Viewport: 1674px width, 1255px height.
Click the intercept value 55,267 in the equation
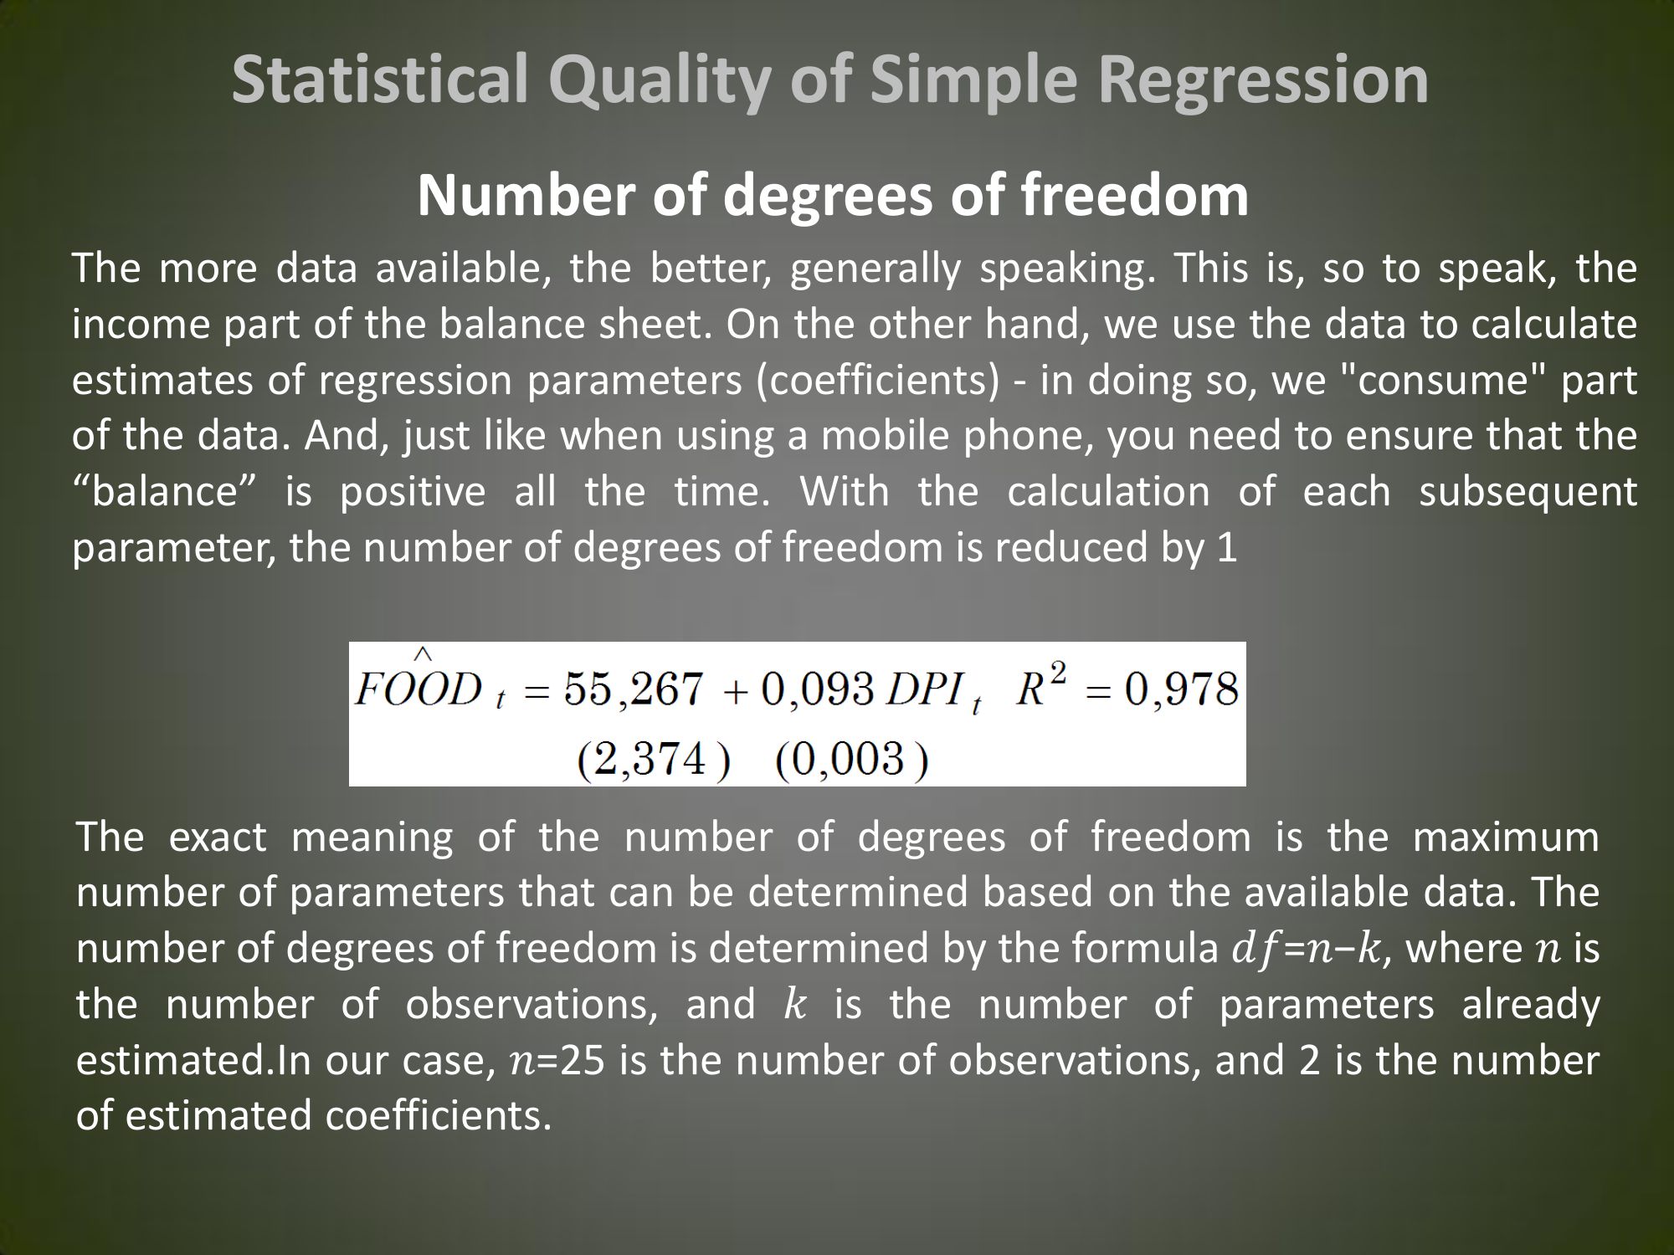coord(633,691)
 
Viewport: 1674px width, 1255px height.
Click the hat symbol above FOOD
coord(424,654)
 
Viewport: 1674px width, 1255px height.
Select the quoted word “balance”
coord(167,491)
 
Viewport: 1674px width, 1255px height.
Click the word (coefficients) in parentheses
coord(878,381)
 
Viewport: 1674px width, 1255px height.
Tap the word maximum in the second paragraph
coord(1506,837)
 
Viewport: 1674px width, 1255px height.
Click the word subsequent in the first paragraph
coord(1528,493)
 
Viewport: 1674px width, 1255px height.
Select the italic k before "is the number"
coord(794,1004)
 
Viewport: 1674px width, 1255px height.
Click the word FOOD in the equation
coord(418,691)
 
